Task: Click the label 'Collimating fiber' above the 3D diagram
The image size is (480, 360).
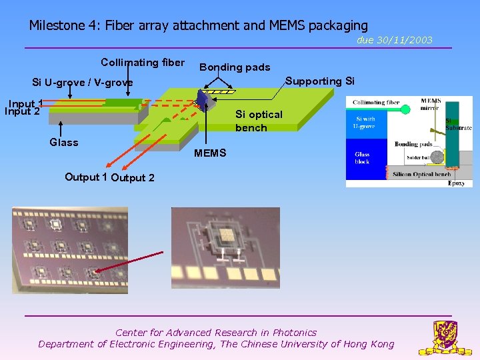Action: point(142,63)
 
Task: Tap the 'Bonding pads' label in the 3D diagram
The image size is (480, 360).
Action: point(235,67)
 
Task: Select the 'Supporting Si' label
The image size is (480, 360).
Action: point(320,81)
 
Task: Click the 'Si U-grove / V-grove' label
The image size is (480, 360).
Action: point(83,83)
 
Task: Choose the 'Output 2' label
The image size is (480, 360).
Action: point(133,177)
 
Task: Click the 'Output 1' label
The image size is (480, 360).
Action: point(86,177)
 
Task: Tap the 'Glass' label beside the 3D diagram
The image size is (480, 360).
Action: point(63,142)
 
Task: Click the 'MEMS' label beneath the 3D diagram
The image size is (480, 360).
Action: point(210,153)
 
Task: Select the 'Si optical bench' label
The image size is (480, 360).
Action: point(259,121)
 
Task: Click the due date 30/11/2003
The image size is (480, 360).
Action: point(394,40)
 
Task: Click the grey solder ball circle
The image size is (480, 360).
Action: point(436,157)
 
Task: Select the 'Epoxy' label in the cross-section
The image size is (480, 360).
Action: point(456,183)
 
